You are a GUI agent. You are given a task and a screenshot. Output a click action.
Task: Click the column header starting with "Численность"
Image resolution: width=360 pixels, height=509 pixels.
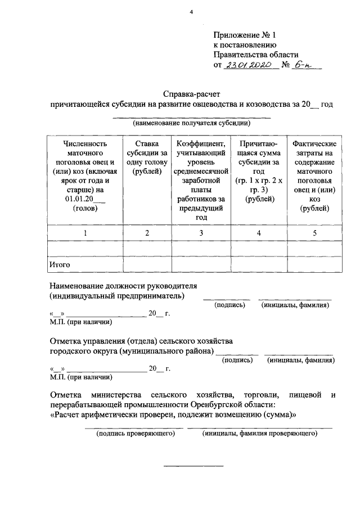[84, 176]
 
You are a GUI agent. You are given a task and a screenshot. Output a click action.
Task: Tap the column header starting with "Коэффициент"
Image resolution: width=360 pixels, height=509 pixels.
[201, 181]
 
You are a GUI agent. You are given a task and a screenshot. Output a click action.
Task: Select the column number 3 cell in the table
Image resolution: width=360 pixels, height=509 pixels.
[201, 232]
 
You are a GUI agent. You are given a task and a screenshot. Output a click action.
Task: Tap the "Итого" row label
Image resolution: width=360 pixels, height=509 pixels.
[60, 263]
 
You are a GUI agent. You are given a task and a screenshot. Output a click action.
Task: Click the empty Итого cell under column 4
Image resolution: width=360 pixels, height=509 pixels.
[258, 263]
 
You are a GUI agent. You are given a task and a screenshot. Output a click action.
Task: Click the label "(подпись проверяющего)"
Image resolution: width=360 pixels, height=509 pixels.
[133, 434]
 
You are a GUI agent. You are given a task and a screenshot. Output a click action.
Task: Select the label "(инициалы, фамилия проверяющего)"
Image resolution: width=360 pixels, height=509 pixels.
[260, 434]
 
